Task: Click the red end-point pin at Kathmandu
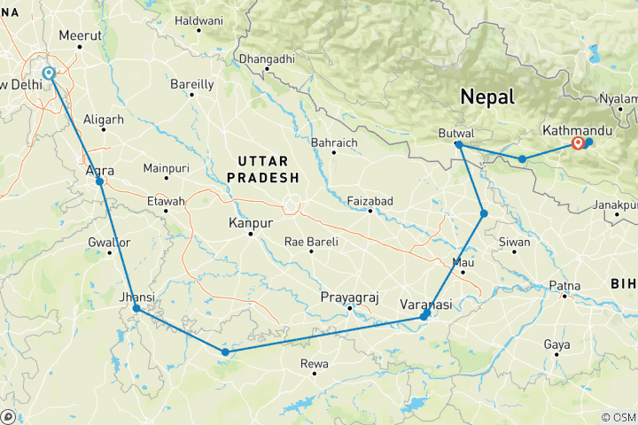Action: [x=579, y=142]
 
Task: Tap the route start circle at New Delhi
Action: [x=50, y=73]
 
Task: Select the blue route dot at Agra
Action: [x=100, y=182]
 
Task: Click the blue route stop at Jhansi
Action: [x=136, y=309]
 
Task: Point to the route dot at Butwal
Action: [x=458, y=144]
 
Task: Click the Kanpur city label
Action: [x=249, y=223]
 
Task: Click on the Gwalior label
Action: [x=109, y=242]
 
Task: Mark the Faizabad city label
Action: [x=370, y=201]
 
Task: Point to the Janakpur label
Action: [x=615, y=205]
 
